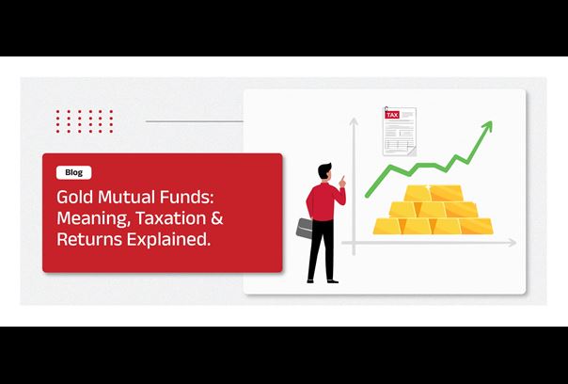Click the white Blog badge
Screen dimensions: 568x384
(74, 172)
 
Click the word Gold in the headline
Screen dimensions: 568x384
(75, 198)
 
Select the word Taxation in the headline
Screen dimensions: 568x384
(170, 218)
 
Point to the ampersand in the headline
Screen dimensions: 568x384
(216, 218)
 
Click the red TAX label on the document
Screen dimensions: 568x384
(392, 115)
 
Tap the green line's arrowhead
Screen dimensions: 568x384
(487, 127)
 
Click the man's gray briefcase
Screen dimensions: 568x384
(305, 228)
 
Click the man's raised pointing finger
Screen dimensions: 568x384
(342, 178)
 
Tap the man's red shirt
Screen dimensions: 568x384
(324, 201)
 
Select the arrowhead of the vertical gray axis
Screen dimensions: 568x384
(354, 122)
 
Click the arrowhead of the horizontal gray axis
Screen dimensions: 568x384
(512, 243)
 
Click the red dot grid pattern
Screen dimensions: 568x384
(85, 121)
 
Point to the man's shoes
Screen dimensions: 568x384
(323, 281)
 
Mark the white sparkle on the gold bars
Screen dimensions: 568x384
(428, 187)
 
